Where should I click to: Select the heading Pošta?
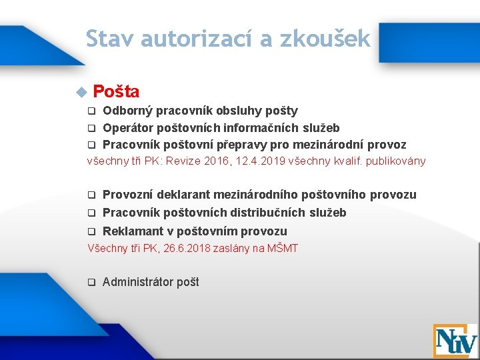pos(116,91)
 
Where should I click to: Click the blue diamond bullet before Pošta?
pos(82,91)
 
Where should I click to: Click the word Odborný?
pos(125,111)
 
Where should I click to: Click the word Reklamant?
pos(129,231)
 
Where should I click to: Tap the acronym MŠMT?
pos(283,249)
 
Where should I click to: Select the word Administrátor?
pos(138,282)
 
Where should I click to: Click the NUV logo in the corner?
pos(455,340)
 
